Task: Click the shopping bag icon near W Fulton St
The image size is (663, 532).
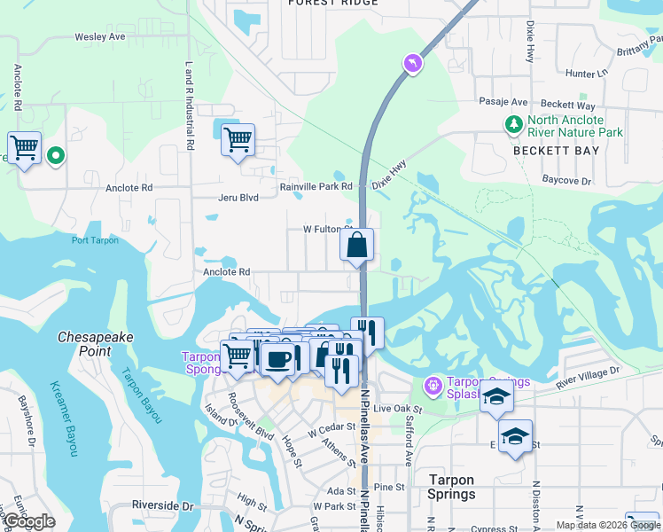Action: point(356,246)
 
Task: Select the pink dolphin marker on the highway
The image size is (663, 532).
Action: point(412,62)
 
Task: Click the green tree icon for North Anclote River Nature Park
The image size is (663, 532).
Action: point(513,126)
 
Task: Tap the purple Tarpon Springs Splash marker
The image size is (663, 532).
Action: point(432,386)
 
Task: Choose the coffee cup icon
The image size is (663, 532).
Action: point(278,359)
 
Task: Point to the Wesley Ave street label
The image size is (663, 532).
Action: point(100,37)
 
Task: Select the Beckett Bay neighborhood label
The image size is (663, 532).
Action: point(557,151)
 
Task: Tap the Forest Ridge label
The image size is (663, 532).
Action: point(333,4)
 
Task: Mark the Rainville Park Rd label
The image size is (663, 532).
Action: point(316,186)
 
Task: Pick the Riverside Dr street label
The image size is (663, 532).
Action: point(163,505)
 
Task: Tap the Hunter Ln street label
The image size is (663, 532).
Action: point(587,74)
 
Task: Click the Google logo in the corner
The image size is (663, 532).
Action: point(29,521)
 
